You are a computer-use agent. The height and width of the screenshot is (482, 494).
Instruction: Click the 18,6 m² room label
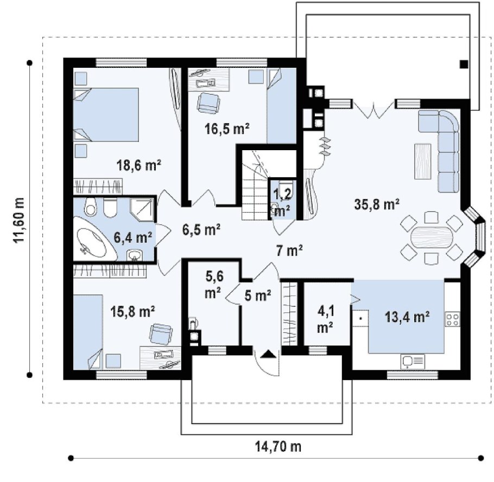139,164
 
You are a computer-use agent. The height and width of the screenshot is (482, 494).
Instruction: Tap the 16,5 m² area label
227,128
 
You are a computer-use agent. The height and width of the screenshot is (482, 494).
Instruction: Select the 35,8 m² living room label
377,204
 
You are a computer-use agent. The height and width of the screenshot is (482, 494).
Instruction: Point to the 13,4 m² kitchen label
407,317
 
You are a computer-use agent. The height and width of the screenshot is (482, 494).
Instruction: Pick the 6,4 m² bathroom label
133,237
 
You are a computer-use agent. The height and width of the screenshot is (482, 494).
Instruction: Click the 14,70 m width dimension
278,446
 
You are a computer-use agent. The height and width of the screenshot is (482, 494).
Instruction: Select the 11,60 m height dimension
18,220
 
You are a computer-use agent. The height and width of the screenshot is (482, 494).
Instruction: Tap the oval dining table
432,237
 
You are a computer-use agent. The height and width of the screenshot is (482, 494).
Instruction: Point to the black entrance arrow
268,354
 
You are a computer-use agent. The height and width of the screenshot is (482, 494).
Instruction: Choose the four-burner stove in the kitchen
452,319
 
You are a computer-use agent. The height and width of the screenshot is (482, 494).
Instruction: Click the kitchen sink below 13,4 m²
413,361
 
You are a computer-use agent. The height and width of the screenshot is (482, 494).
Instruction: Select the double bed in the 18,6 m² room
106,114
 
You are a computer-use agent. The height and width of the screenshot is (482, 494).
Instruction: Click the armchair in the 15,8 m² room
161,334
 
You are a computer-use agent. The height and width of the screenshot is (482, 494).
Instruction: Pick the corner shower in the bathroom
142,209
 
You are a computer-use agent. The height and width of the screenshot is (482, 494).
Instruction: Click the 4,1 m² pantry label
326,319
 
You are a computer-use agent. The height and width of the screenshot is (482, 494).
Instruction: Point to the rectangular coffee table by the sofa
423,162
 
